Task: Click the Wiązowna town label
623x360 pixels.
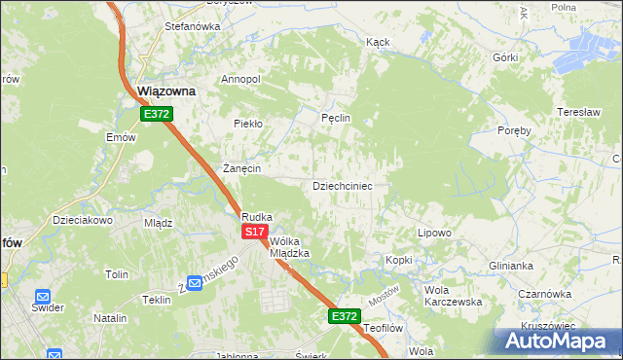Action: [165, 90]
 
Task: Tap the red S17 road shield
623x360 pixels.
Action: [254, 232]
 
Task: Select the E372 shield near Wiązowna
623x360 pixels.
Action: [156, 114]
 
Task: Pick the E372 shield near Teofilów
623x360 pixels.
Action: [344, 316]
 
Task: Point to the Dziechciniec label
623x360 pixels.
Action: [341, 185]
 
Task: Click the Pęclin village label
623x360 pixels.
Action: [335, 118]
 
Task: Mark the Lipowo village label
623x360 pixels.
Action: [434, 233]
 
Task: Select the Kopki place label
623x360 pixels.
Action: [399, 260]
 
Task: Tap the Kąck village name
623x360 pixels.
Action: [378, 43]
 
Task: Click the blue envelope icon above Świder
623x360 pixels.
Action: [43, 296]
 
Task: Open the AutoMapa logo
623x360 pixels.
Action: [558, 342]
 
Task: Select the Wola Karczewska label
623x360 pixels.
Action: [453, 296]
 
